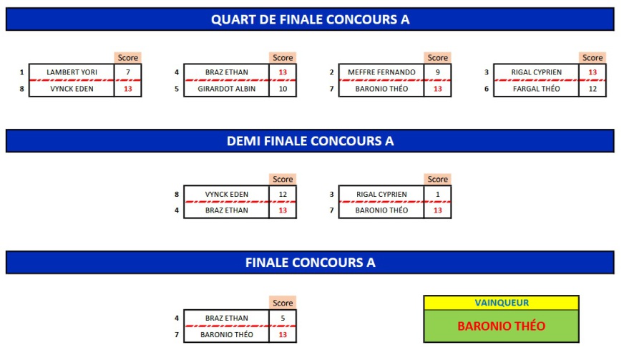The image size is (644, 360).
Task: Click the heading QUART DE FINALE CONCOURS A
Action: click(x=310, y=19)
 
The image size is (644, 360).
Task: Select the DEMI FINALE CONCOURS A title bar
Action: click(x=310, y=141)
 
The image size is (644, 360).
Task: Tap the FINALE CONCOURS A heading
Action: click(x=310, y=263)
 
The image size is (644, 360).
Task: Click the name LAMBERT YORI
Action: click(x=72, y=72)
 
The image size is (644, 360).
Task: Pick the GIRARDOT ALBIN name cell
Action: click(x=226, y=89)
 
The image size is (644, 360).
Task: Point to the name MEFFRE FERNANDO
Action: click(x=381, y=72)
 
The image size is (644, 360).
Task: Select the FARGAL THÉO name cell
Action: click(x=536, y=89)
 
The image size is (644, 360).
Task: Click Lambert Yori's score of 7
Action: click(x=127, y=72)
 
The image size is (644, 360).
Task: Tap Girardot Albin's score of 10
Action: click(x=283, y=89)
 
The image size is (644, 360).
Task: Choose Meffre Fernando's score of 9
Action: click(x=437, y=72)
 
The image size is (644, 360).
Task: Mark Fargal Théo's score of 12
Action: click(x=592, y=89)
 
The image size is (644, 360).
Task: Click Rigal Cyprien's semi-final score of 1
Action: click(x=437, y=194)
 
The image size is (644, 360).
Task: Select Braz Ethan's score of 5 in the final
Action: click(x=283, y=318)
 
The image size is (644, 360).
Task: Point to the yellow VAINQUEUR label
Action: click(x=502, y=303)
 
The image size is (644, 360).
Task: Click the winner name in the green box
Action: click(x=502, y=326)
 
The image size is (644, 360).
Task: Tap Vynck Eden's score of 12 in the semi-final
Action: click(x=283, y=194)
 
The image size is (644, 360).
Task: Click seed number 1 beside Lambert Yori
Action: click(x=22, y=72)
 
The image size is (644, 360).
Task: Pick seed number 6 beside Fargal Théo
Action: click(x=487, y=89)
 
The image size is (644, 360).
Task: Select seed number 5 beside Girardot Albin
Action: click(x=177, y=89)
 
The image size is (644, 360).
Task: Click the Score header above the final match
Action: click(x=283, y=303)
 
